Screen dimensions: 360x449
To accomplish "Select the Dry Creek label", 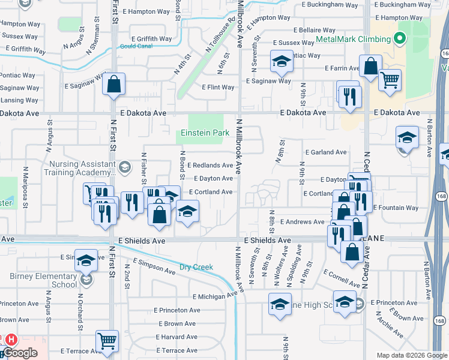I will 196,267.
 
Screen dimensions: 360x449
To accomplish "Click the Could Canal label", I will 136,46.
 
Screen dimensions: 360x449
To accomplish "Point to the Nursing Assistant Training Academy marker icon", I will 124,166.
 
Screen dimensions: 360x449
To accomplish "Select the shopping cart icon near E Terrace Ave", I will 107,341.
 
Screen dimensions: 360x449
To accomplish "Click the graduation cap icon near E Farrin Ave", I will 280,61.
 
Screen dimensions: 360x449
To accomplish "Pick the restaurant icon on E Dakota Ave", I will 349,95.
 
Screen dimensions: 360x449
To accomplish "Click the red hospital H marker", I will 11,340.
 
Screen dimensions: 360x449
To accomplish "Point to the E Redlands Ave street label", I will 210,166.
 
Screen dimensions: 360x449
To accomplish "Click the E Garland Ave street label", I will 326,152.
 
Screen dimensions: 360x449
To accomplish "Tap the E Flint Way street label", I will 218,88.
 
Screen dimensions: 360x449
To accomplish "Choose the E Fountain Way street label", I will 396,208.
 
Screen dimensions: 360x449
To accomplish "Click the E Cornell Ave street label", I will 340,276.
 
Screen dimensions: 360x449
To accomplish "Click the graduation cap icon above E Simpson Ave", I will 86,260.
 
